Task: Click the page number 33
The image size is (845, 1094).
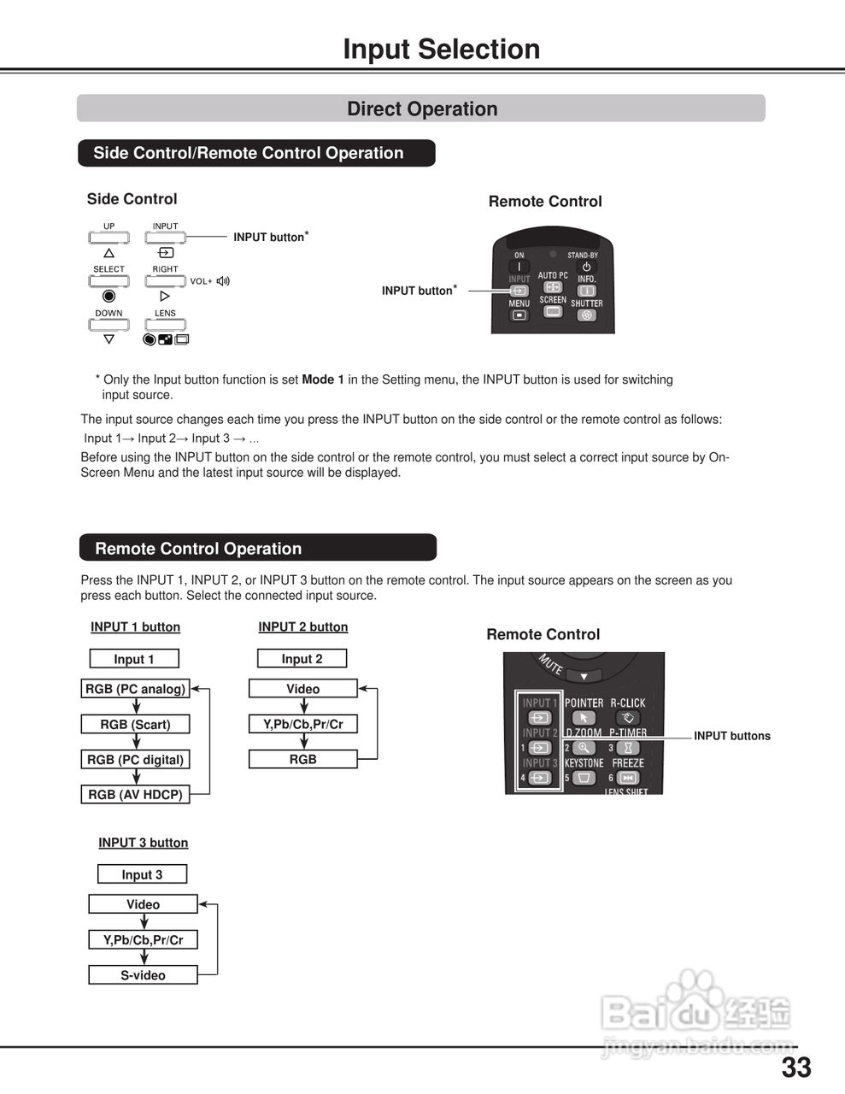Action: pyautogui.click(x=796, y=1068)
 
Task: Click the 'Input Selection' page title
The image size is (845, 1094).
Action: pyautogui.click(x=441, y=50)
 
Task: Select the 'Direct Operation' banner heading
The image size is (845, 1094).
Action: pyautogui.click(x=422, y=109)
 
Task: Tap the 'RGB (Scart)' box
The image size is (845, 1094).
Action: pyautogui.click(x=135, y=725)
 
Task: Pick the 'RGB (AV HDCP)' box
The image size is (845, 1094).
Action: pyautogui.click(x=135, y=795)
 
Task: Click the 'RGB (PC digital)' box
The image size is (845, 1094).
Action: pyautogui.click(x=135, y=760)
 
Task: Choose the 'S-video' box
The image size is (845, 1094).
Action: pyautogui.click(x=143, y=975)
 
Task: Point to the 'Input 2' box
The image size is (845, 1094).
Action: pyautogui.click(x=302, y=659)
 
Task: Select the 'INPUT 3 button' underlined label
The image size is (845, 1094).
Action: pyautogui.click(x=143, y=843)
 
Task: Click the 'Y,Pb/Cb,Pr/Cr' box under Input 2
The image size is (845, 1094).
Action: pyautogui.click(x=302, y=724)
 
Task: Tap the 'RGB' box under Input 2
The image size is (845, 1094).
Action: pyautogui.click(x=302, y=759)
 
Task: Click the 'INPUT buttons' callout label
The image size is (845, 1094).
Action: pyautogui.click(x=731, y=736)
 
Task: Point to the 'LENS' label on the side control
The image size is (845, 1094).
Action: pyautogui.click(x=165, y=314)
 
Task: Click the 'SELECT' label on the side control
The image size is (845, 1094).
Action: pyautogui.click(x=109, y=269)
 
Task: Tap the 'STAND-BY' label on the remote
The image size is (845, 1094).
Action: pyautogui.click(x=583, y=256)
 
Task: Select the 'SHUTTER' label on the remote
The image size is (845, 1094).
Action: pyautogui.click(x=586, y=303)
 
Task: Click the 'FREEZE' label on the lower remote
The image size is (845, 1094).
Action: pyautogui.click(x=628, y=763)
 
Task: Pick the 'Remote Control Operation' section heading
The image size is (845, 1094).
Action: pyautogui.click(x=198, y=549)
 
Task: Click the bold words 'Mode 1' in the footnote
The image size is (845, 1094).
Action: pyautogui.click(x=323, y=379)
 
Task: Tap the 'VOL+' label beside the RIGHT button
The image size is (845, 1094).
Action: pyautogui.click(x=202, y=281)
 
